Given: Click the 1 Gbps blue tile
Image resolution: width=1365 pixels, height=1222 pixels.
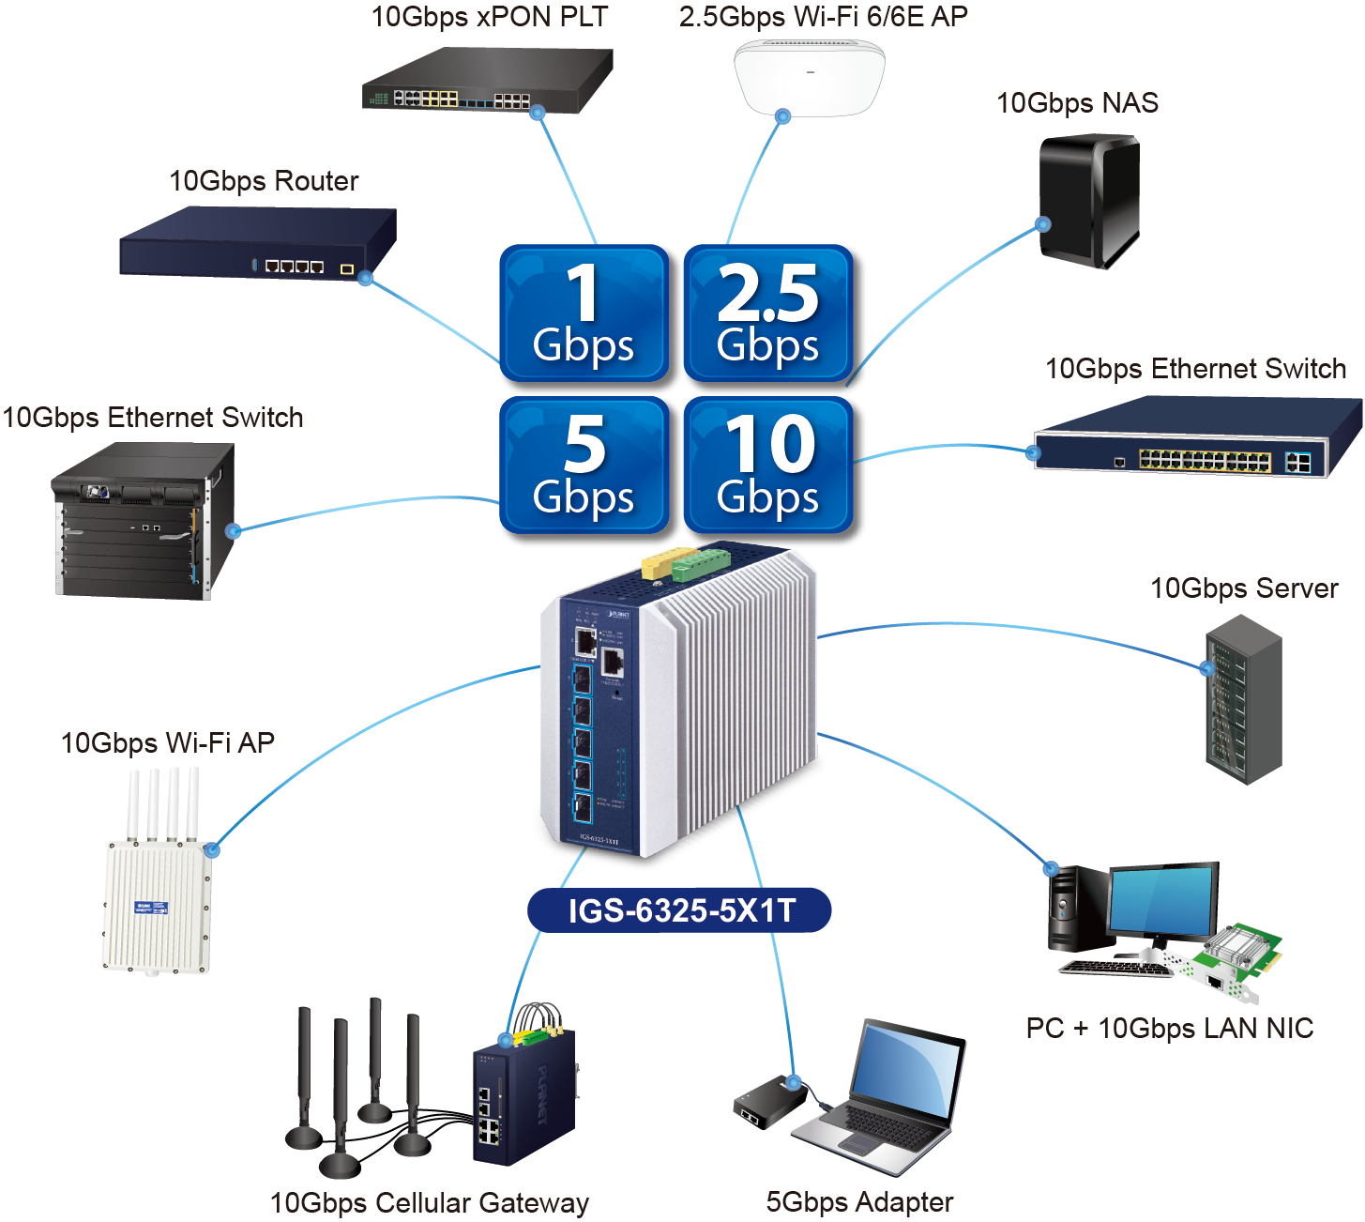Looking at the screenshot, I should tap(584, 314).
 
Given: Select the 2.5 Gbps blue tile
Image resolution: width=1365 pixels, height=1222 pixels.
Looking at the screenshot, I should tap(768, 314).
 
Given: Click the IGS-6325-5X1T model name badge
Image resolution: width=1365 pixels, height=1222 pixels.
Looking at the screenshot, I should tap(680, 910).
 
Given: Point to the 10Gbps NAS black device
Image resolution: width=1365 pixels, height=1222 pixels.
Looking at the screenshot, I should tap(1088, 199).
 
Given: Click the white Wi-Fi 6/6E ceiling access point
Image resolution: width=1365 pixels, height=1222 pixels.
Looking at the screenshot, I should tap(809, 77).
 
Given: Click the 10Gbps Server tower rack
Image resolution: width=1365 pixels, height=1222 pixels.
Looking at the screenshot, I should tap(1243, 699).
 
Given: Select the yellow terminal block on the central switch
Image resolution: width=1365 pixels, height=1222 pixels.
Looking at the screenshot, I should tap(660, 563).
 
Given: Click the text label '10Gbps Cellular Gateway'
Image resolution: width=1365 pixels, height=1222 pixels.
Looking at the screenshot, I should tap(430, 1202).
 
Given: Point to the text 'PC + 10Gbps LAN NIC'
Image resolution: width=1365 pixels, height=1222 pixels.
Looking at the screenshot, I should tap(1169, 1029).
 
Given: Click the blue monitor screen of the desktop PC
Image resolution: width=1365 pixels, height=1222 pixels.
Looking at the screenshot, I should tap(1163, 901).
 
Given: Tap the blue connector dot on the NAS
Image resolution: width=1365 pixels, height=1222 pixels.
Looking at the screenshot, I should tap(1043, 224).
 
